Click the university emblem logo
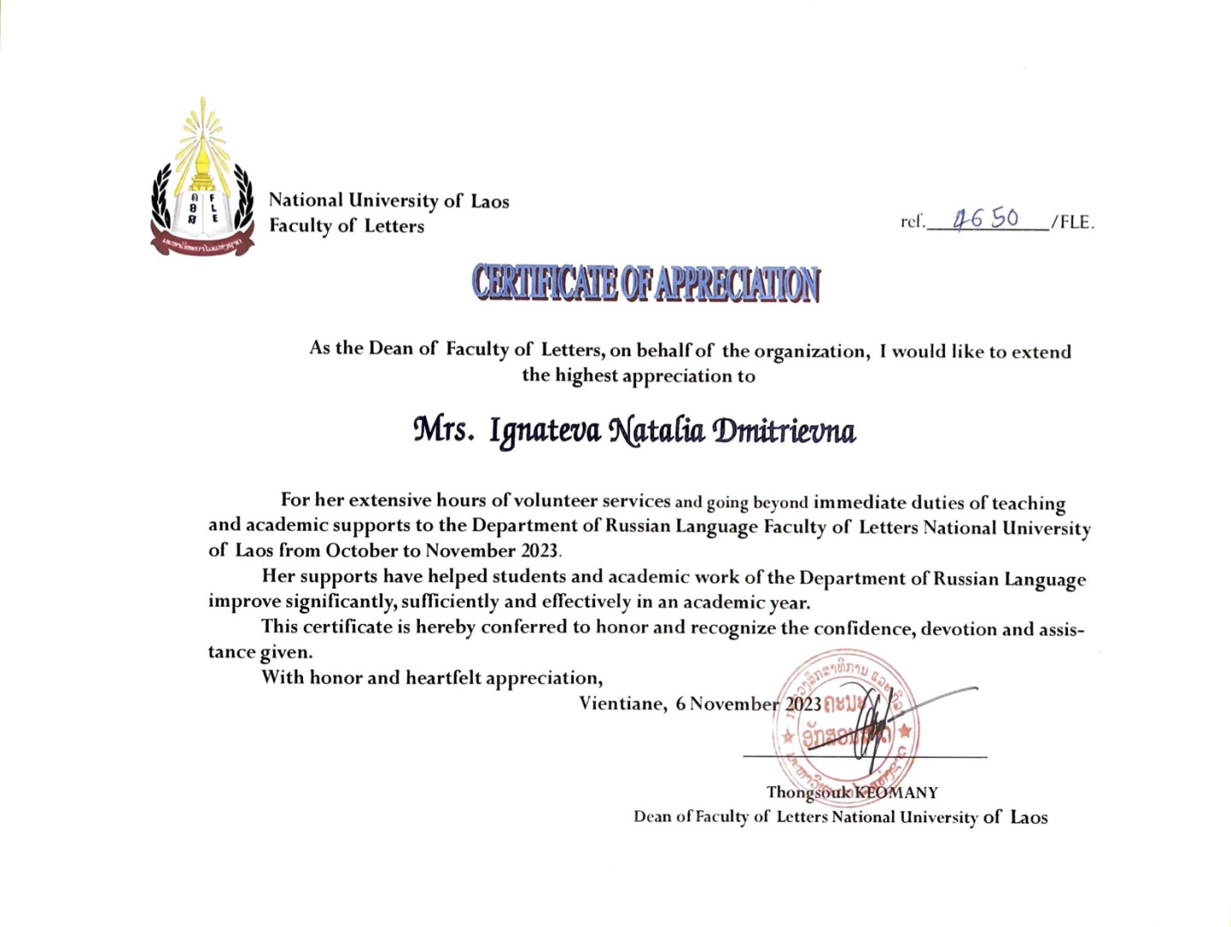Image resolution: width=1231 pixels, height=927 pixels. (203, 180)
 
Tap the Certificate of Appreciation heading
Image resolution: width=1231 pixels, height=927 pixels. (646, 284)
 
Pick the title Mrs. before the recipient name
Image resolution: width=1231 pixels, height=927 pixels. (443, 429)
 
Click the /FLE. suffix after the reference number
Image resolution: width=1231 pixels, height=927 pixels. (1073, 222)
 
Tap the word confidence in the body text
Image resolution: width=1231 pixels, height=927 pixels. (866, 629)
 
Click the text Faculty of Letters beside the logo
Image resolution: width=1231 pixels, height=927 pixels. (347, 226)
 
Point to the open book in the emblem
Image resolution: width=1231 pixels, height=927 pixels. (203, 210)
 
